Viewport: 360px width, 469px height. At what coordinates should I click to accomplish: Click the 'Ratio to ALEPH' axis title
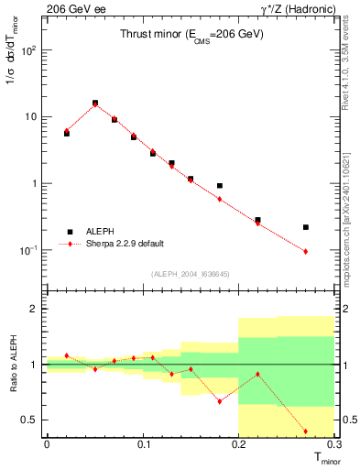click(x=13, y=364)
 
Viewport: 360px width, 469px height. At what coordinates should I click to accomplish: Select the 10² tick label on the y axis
click(x=29, y=50)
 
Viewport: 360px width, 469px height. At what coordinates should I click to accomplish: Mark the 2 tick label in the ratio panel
click(x=35, y=309)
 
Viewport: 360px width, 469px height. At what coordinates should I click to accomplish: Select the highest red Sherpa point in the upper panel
click(x=95, y=104)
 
